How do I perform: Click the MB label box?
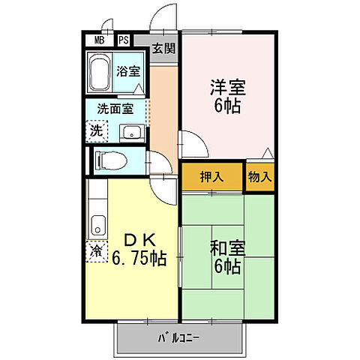[x=99, y=40]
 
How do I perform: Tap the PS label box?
[x=124, y=40]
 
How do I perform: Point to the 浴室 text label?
[x=128, y=72]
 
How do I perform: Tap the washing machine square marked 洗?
[x=97, y=130]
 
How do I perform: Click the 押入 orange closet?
[x=212, y=177]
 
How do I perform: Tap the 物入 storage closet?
[x=259, y=177]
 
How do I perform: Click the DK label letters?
[x=138, y=241]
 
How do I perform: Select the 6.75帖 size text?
[x=139, y=259]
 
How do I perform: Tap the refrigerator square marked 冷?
[x=97, y=250]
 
